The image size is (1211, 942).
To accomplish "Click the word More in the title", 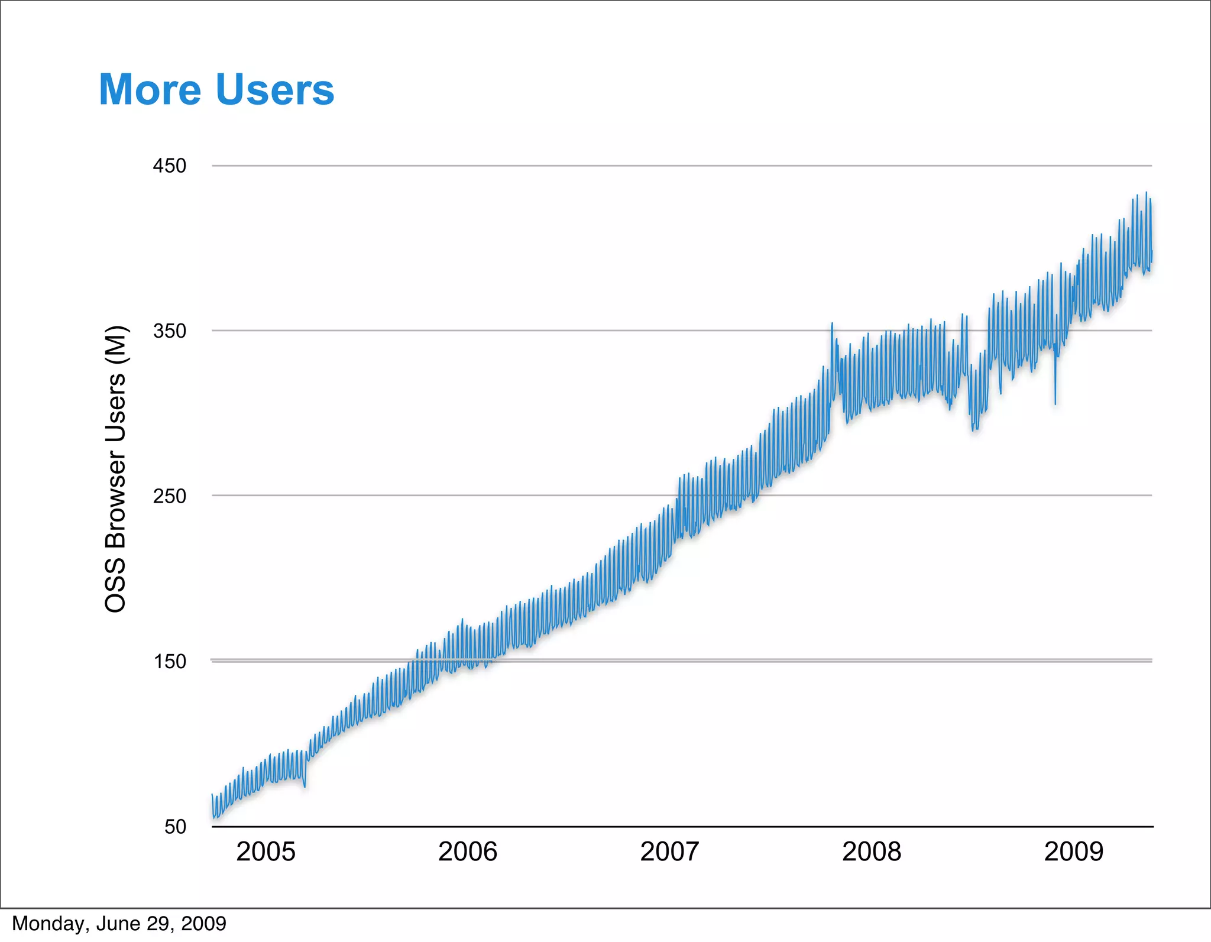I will point(150,90).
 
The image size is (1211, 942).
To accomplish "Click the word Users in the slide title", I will point(275,90).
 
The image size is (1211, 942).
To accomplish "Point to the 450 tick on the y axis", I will point(170,166).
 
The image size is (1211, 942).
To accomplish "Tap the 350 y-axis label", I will point(170,331).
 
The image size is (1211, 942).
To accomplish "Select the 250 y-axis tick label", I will point(170,496).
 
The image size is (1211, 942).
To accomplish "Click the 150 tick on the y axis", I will point(170,661).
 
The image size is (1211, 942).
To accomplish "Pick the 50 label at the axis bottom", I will point(175,826).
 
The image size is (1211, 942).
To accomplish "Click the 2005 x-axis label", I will point(265,852).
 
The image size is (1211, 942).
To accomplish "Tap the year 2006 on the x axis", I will point(467,852).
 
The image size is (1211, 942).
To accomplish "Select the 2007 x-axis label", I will point(669,852).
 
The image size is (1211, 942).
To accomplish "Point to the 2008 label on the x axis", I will point(872,852).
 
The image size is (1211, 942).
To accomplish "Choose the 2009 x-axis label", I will point(1073,852).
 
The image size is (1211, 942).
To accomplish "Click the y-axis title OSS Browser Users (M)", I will point(115,469).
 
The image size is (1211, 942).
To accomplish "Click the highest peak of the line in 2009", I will point(1146,193).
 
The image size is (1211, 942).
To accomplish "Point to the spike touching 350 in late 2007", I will point(832,324).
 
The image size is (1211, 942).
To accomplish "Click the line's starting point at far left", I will point(212,796).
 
